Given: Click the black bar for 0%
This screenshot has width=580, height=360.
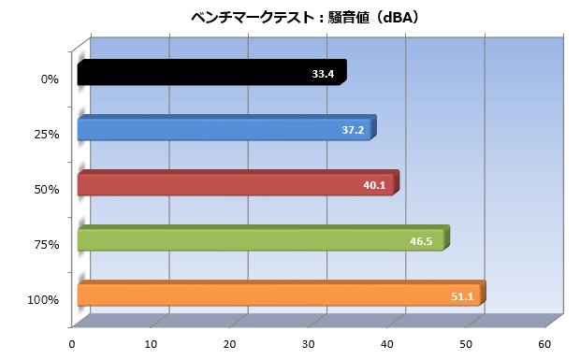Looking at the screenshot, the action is (212, 72).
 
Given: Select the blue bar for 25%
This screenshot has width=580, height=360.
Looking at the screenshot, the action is (226, 128).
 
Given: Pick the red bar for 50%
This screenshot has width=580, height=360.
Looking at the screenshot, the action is (239, 183).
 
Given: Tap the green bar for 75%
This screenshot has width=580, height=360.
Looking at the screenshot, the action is (264, 238).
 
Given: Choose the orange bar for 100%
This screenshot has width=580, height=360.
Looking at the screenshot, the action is (282, 294).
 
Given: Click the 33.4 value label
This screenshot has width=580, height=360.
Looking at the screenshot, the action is (323, 74).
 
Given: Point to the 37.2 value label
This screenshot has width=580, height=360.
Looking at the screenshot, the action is (353, 130).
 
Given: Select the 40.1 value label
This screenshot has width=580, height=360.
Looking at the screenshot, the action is (374, 185).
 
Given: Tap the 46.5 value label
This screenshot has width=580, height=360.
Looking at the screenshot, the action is (421, 241).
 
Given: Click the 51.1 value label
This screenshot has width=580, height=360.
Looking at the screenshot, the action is (462, 296).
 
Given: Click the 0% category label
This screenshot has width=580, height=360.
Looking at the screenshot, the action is (50, 79).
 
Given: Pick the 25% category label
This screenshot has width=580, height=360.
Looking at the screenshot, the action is (47, 135).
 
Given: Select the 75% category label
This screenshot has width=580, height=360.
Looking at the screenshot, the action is (47, 245).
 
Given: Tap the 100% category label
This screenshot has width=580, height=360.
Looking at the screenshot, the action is (43, 300).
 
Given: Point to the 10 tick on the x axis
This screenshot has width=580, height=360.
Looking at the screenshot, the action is (151, 344).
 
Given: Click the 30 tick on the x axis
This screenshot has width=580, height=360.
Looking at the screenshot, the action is (308, 344).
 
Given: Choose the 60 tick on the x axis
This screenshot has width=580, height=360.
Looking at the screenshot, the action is (544, 344).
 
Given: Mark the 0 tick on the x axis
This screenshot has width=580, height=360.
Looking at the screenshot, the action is (72, 344).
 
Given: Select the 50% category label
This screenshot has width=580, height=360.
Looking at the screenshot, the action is (47, 190).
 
